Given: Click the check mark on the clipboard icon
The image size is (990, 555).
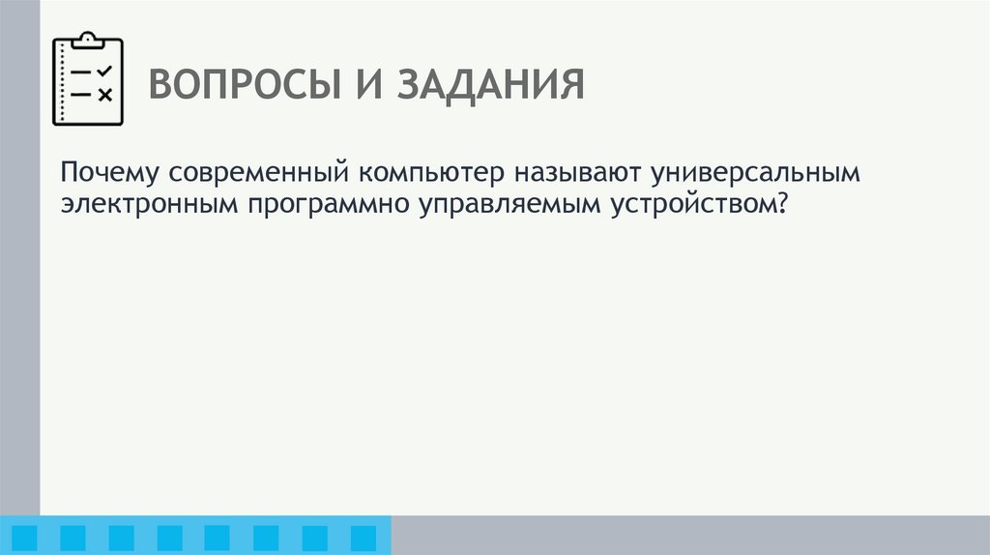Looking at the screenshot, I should pos(105,71).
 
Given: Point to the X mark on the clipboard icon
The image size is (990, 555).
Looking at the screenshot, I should pos(105,94).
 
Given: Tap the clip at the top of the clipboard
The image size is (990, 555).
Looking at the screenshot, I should pos(88,39).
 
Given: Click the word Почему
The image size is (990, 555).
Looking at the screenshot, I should pos(109,174).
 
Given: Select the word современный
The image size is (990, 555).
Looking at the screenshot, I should pos(259,174).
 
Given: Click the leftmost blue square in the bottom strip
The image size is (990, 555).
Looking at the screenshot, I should pos(26,538).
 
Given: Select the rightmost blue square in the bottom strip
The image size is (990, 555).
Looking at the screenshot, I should pos(363,538).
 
